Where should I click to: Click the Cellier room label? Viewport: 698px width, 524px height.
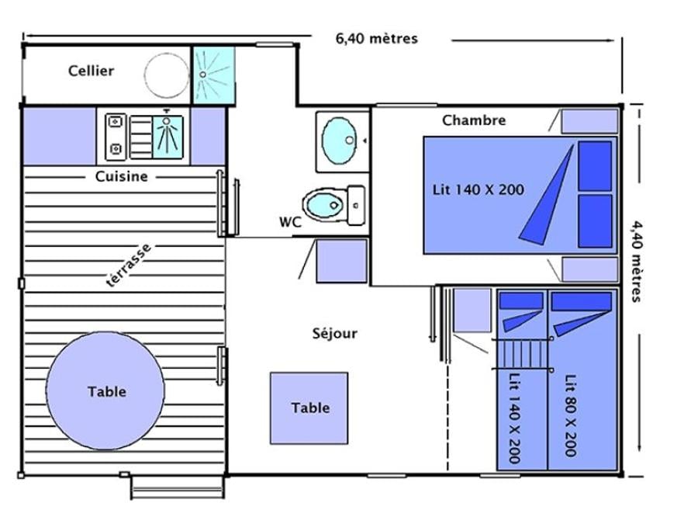(91, 71)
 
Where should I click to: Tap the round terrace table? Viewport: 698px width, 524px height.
(105, 390)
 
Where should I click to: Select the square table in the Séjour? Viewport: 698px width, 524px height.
(309, 408)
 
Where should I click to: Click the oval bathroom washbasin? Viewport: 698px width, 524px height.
(339, 141)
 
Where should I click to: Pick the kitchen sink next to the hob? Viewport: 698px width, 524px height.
(168, 137)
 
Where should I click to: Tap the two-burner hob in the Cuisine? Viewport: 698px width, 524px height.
(116, 137)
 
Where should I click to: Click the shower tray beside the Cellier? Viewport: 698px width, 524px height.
(214, 75)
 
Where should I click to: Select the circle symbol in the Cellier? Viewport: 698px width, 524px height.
(167, 76)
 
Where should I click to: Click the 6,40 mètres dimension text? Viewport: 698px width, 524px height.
(377, 38)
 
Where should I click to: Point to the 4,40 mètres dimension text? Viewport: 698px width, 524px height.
(637, 261)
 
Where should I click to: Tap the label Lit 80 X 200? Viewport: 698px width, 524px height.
(571, 415)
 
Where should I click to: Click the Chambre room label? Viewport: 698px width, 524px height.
(474, 120)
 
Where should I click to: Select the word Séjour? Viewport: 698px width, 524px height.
(335, 333)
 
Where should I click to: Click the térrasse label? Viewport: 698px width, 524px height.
(129, 265)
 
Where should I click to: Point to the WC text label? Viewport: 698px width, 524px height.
(290, 222)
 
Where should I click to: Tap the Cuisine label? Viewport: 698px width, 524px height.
(121, 176)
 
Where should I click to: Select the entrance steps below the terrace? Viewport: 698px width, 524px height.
(177, 488)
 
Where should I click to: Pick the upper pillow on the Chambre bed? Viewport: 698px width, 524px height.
(595, 166)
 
